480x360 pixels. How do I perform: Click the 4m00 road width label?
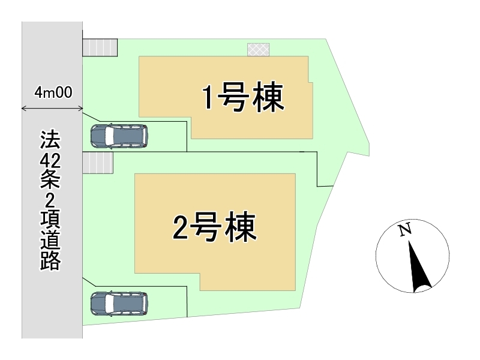click(x=53, y=92)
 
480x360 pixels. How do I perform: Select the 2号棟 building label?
click(x=215, y=227)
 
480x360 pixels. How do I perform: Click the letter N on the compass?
click(x=405, y=230)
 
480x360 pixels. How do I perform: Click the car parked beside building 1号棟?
click(x=119, y=136)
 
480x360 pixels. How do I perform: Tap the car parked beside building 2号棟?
click(x=119, y=304)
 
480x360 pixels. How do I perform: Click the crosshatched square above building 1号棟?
click(x=259, y=50)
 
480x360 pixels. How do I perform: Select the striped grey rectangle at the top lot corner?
click(x=100, y=47)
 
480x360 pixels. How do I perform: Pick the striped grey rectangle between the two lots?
click(x=98, y=163)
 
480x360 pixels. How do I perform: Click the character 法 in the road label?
click(x=50, y=140)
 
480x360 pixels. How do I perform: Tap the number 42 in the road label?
click(x=50, y=160)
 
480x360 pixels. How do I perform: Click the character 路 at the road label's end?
click(x=50, y=261)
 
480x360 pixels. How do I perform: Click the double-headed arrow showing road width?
click(x=52, y=108)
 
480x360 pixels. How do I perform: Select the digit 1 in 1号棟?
click(x=208, y=97)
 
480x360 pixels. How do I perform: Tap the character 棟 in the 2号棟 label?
click(x=241, y=227)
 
